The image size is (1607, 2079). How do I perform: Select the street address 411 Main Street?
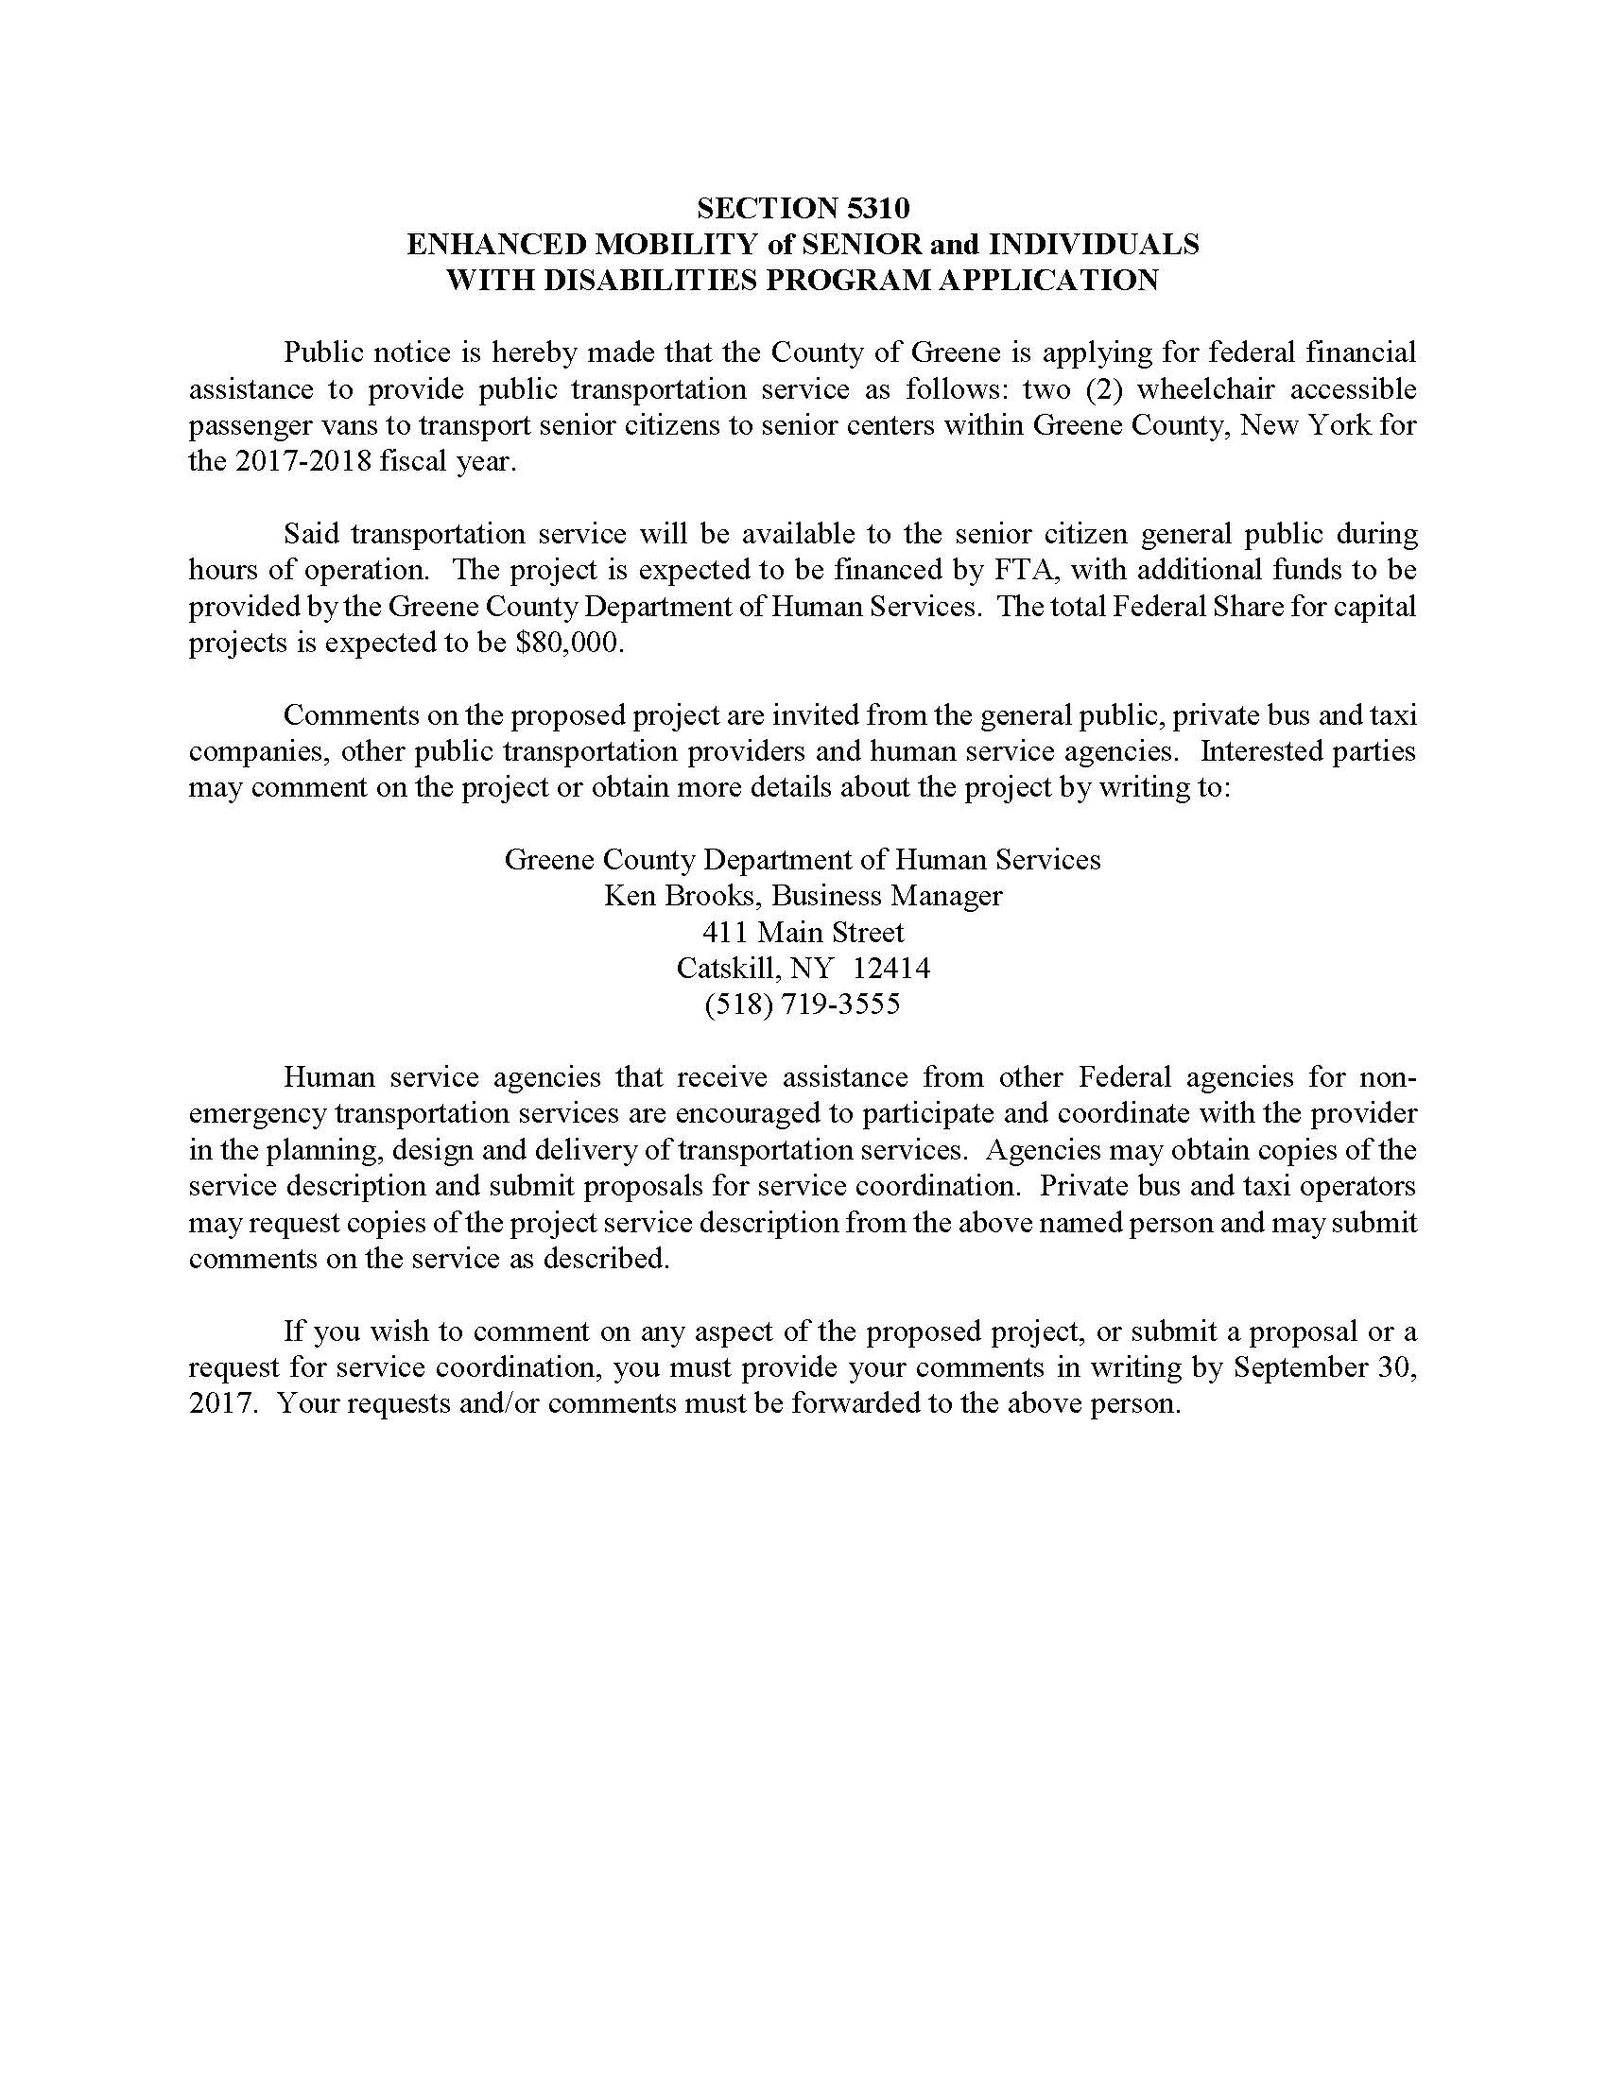click(803, 932)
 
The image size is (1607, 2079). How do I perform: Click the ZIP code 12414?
click(891, 968)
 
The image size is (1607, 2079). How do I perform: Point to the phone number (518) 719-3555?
click(803, 1005)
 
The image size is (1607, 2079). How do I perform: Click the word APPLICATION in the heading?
click(1044, 280)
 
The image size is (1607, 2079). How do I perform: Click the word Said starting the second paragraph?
click(311, 534)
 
